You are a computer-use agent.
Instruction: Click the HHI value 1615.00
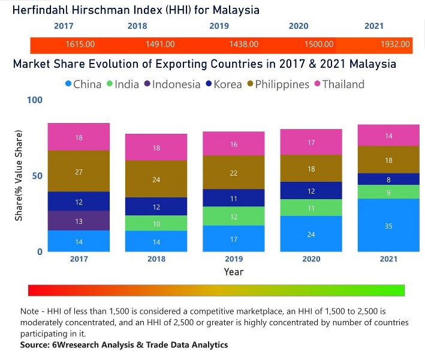click(80, 44)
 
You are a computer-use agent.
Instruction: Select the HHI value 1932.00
click(396, 44)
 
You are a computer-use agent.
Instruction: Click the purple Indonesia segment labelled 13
click(79, 221)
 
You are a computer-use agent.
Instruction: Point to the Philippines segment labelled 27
click(79, 172)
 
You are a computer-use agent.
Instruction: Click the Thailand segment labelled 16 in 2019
click(234, 144)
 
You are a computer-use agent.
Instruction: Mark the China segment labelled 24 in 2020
click(311, 234)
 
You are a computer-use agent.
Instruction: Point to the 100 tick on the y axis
click(35, 100)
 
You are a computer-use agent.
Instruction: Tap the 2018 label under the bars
click(156, 259)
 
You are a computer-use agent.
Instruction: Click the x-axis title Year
click(234, 272)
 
